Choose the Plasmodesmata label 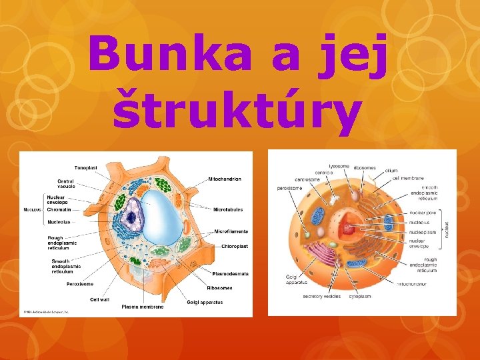click(230, 273)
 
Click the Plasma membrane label click(142, 307)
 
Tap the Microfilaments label click(231, 231)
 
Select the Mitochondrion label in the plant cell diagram click(225, 179)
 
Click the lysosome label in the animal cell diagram click(339, 166)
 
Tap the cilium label click(391, 171)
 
